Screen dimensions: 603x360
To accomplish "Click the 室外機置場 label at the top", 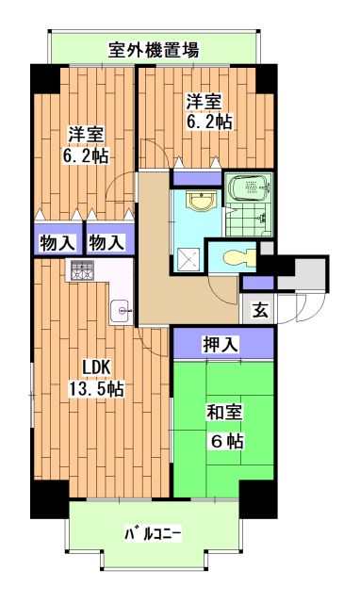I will click(x=153, y=48).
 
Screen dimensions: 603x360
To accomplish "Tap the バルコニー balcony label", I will click(x=153, y=534).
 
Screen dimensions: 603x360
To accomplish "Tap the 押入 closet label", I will click(x=222, y=342).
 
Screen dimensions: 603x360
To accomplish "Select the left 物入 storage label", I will click(x=56, y=242).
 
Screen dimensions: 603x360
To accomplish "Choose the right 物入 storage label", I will click(x=106, y=242).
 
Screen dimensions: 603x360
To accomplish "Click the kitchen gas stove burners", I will click(x=79, y=271).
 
